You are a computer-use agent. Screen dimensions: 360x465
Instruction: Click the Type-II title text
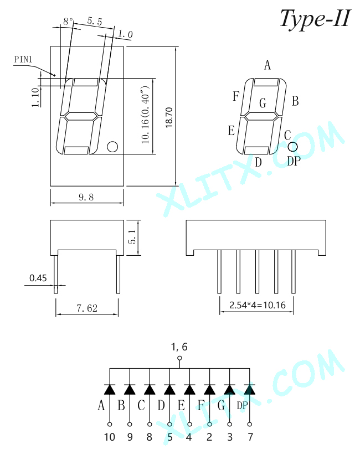(316, 18)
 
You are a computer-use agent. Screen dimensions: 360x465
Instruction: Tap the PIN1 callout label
(23, 59)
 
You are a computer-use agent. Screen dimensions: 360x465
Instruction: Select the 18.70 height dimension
(169, 118)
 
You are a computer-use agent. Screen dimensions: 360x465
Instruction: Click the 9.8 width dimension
(86, 197)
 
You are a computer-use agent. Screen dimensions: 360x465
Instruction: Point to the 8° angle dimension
(68, 21)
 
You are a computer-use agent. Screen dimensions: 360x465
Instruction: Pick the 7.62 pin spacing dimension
(87, 308)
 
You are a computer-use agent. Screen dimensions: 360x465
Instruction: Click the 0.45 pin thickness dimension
(38, 278)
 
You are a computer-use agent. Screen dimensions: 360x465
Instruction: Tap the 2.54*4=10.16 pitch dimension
(258, 305)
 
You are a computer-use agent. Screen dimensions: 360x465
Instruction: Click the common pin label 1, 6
(179, 347)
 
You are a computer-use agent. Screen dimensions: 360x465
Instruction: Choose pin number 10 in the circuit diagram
(110, 437)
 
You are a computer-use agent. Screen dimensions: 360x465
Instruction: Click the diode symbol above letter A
(110, 389)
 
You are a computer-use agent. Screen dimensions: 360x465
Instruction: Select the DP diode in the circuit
(250, 389)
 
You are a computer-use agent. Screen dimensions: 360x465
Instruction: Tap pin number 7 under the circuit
(250, 437)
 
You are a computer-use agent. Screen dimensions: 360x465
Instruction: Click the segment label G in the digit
(263, 103)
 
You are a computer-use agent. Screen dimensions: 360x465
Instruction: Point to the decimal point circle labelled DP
(292, 147)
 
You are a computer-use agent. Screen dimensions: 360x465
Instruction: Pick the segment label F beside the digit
(236, 96)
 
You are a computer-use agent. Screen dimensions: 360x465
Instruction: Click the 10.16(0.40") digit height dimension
(146, 115)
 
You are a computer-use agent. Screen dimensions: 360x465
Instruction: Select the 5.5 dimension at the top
(95, 21)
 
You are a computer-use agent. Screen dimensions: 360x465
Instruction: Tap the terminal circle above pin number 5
(170, 425)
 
